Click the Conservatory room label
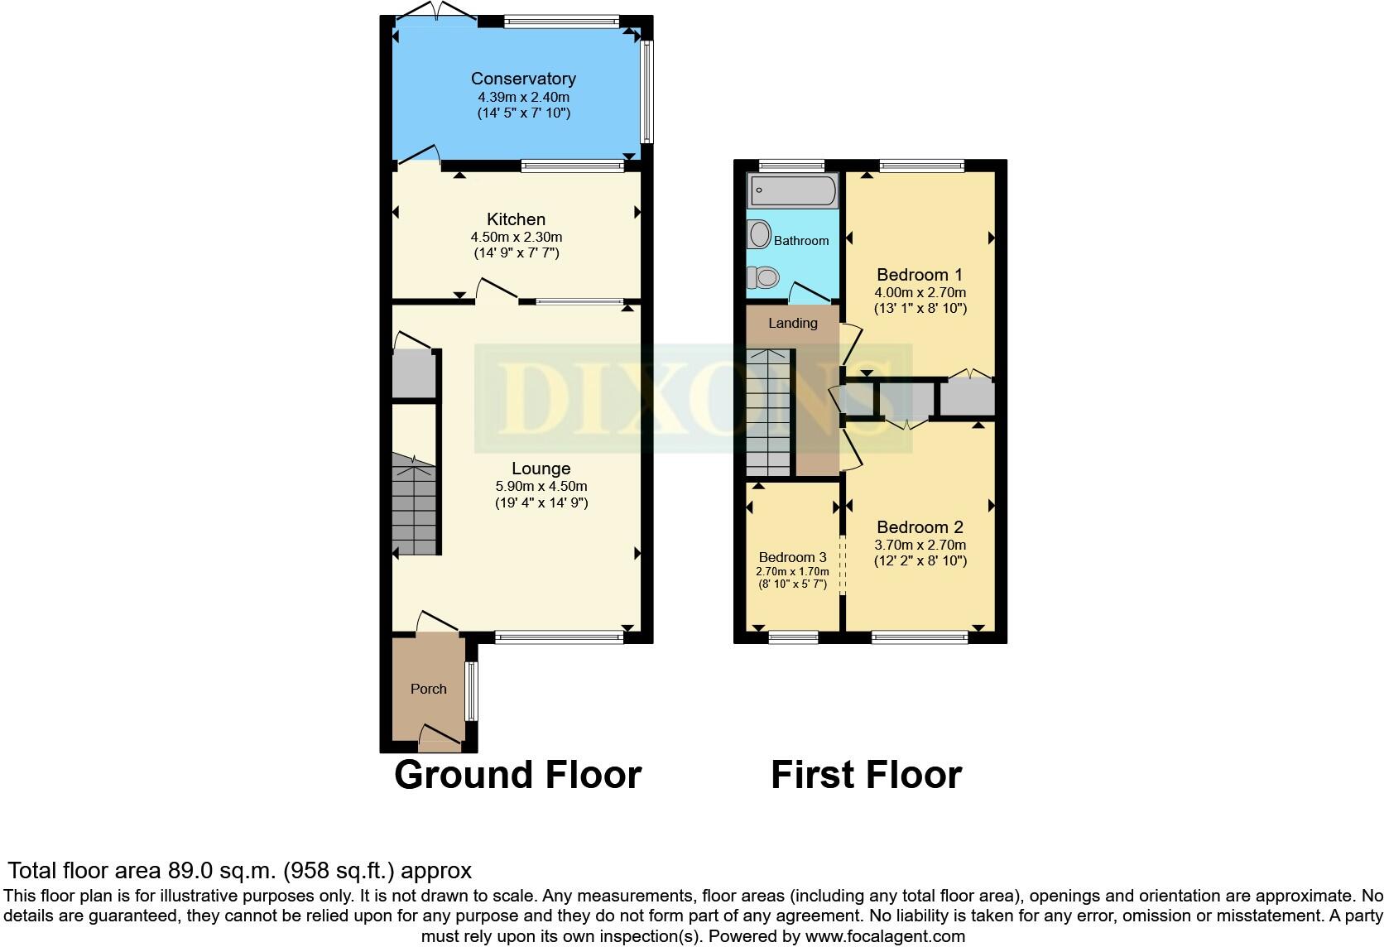523,79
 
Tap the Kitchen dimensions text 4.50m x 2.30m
516,237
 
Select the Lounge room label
541,469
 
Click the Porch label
428,689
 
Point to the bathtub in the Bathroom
793,191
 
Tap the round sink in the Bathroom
759,234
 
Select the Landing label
792,323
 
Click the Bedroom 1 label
919,275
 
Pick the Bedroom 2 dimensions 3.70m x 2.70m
920,545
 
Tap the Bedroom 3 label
792,557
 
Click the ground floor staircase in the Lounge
414,507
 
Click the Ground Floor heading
517,775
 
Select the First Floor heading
866,775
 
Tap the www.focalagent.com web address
885,937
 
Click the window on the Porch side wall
471,691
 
